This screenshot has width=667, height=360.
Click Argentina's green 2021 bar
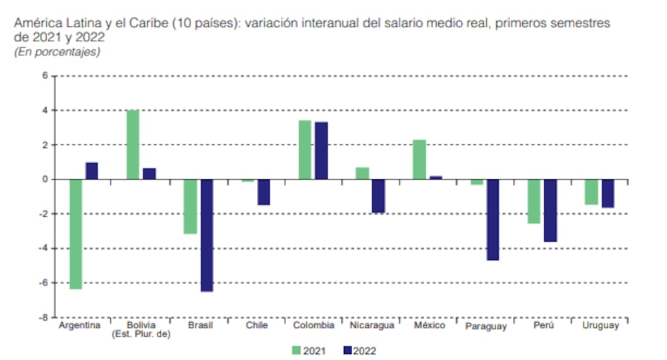75,234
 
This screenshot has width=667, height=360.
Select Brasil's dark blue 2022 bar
207,235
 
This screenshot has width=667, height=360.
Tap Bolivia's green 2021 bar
133,145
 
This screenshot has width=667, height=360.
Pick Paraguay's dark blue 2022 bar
493,219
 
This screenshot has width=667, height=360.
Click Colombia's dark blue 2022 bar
321,151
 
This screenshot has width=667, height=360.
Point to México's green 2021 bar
420,159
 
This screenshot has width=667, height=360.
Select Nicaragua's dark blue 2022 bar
379,196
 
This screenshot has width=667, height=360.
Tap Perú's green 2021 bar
534,201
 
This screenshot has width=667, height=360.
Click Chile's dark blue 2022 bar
264,192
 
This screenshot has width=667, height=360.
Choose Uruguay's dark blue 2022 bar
608,193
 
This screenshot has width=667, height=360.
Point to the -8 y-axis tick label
43,317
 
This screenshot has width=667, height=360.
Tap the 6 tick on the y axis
45,75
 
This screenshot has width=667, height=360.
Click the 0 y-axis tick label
45,179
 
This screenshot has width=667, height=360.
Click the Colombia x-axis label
313,325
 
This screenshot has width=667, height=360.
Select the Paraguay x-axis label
485,326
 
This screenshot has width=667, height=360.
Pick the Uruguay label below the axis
600,325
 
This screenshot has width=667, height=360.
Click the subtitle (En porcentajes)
57,52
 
